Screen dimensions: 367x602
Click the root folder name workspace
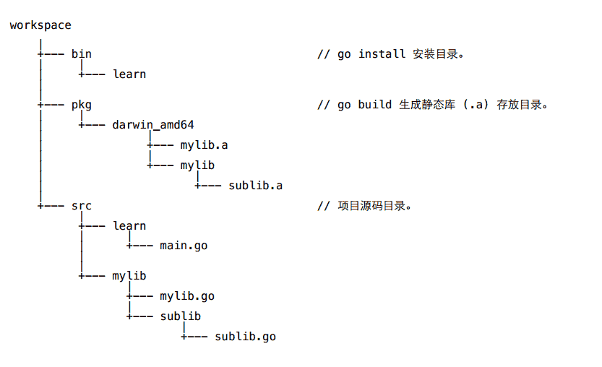(x=40, y=25)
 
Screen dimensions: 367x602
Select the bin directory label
(x=82, y=54)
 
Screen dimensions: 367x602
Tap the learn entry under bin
(x=129, y=74)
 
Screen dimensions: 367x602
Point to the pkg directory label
(x=82, y=105)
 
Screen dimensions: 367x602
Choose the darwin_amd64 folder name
(x=153, y=124)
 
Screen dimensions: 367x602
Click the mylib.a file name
(x=205, y=144)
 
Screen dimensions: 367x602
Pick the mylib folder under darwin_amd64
(x=197, y=165)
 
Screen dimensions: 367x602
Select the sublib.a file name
(x=255, y=186)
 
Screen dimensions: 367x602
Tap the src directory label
(x=82, y=206)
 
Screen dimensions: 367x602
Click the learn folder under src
(x=129, y=226)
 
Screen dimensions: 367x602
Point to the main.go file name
(x=184, y=246)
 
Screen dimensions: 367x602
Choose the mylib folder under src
(x=129, y=276)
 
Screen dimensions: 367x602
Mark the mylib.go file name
(x=187, y=296)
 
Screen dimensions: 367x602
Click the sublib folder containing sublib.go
(x=181, y=316)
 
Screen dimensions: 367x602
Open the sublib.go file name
(x=245, y=337)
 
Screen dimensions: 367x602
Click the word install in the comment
(x=382, y=54)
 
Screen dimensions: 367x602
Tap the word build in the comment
(x=375, y=105)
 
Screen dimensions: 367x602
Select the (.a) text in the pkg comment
(x=473, y=105)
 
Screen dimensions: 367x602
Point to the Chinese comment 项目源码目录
(x=371, y=206)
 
